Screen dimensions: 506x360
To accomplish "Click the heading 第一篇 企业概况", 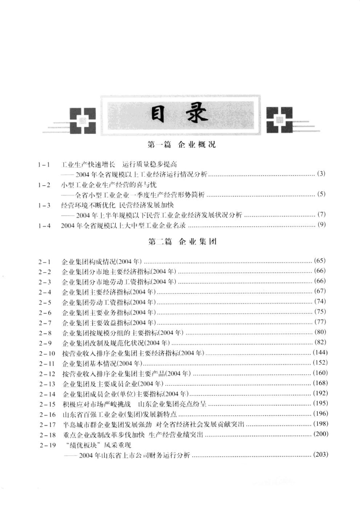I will click(x=181, y=145).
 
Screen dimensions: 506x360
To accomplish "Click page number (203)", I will click(x=320, y=455).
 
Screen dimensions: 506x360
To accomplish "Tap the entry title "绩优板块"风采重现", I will click(x=97, y=445).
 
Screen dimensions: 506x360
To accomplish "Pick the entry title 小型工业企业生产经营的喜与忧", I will click(x=106, y=185).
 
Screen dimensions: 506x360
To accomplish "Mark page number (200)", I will click(x=320, y=434).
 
